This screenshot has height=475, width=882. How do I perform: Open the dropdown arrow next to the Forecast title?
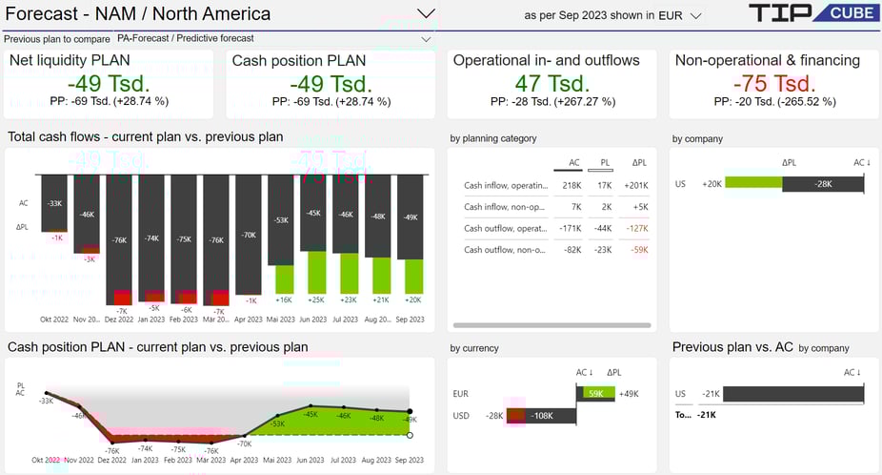427,14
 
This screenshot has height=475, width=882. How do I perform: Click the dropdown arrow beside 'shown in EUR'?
696,16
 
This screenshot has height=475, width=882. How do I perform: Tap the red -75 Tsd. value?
773,83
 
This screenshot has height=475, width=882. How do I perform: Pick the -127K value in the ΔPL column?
635,228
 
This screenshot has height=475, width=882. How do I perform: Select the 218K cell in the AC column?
571,186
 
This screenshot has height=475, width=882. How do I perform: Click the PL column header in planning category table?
605,163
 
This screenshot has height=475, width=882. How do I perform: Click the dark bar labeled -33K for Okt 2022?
54,202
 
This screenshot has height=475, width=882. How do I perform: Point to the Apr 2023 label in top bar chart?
247,320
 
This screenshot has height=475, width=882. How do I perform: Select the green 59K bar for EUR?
595,393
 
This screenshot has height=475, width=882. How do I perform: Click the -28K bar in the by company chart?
821,184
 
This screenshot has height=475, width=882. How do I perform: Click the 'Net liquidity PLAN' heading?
70,60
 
